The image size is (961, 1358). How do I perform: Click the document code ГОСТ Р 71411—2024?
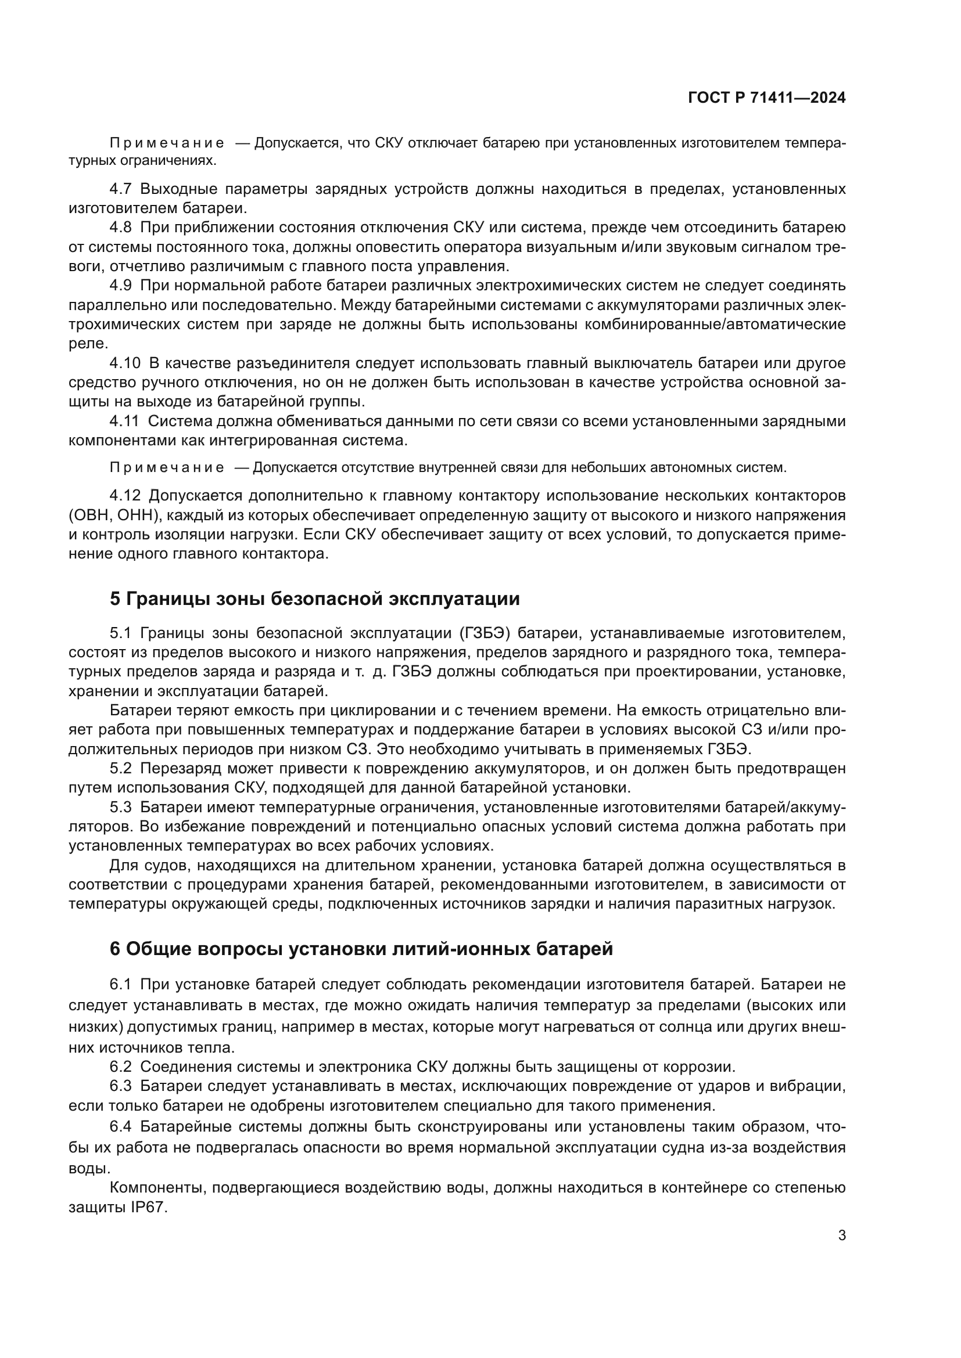(x=766, y=98)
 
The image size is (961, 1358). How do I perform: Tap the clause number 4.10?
(x=125, y=363)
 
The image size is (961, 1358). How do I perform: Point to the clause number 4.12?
(x=125, y=495)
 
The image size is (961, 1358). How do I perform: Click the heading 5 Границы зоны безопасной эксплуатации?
(x=314, y=599)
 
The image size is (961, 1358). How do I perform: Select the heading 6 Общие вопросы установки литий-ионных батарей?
(x=361, y=949)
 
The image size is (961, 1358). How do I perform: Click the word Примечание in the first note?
(x=167, y=143)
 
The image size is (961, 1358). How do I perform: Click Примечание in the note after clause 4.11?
(x=167, y=468)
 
